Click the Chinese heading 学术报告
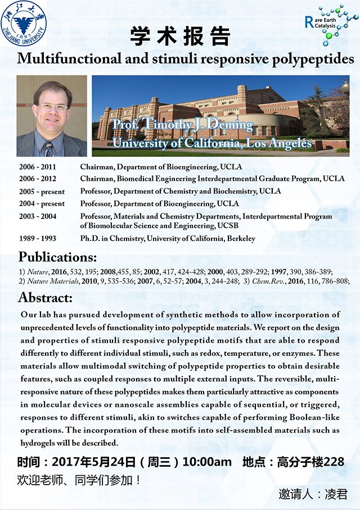[x=180, y=37]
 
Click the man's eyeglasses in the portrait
[x=52, y=107]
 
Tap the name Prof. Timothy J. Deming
[x=182, y=125]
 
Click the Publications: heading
[x=57, y=258]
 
